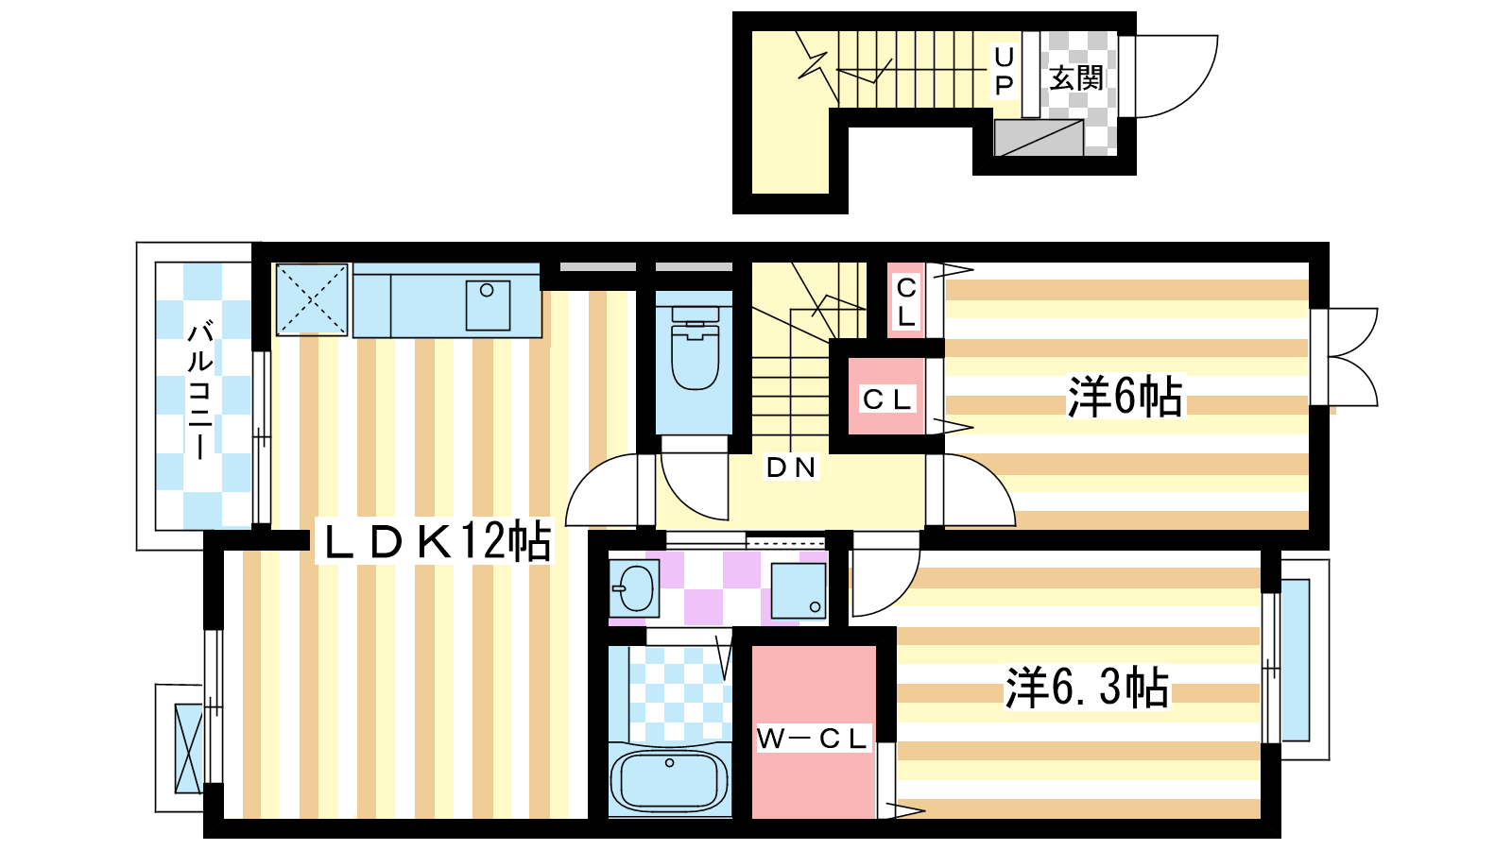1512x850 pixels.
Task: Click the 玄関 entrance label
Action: point(1076,78)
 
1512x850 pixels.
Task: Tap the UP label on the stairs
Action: point(1004,71)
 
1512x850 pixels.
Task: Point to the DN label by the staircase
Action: point(791,467)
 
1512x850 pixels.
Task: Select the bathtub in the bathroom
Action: point(670,780)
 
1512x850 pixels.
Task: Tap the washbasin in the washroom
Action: point(634,588)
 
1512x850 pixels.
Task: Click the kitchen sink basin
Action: point(488,306)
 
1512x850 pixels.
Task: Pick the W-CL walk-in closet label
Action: point(811,739)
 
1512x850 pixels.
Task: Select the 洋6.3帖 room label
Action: point(1087,688)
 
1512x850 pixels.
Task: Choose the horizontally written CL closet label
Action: point(887,399)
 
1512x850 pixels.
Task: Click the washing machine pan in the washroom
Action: point(798,591)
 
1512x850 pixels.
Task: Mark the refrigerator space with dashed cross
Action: point(311,298)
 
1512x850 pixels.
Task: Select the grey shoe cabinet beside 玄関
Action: point(1039,138)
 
